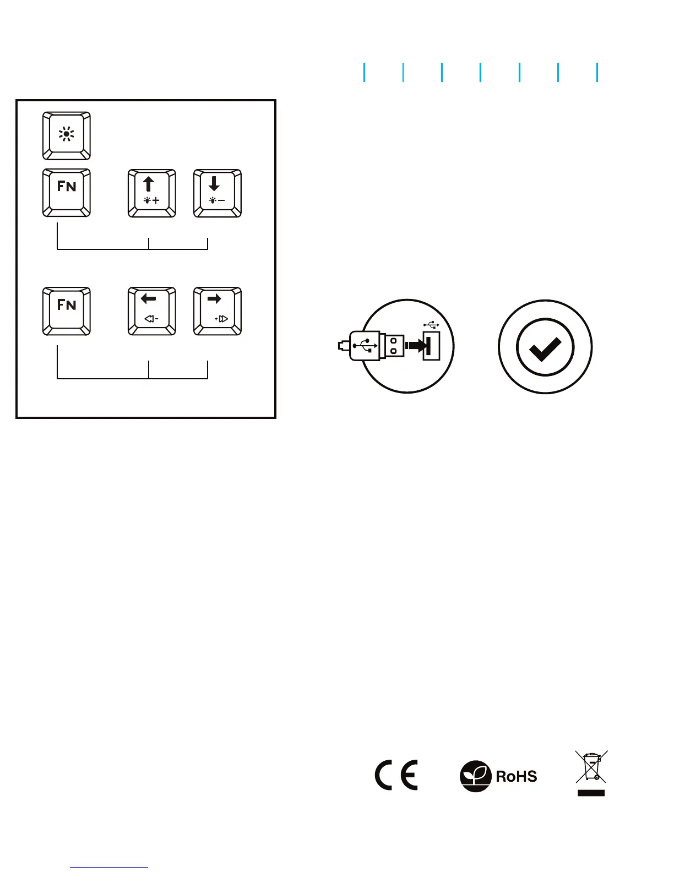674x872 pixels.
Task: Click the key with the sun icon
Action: click(67, 136)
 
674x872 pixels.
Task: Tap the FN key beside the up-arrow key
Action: click(67, 193)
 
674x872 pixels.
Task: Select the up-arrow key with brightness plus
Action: click(152, 193)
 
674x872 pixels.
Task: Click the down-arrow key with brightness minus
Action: click(218, 193)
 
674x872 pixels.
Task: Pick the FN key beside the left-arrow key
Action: click(67, 311)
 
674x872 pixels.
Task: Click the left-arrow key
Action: click(152, 311)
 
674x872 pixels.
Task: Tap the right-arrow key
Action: click(218, 311)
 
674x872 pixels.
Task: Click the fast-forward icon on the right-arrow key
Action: click(221, 319)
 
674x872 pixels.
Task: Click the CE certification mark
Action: click(396, 775)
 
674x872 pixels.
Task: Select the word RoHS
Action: click(517, 776)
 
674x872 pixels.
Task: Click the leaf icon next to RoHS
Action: click(475, 776)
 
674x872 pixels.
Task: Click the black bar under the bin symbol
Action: click(591, 793)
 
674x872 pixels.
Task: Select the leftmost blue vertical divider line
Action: click(364, 72)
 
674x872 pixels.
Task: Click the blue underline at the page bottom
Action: click(109, 868)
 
